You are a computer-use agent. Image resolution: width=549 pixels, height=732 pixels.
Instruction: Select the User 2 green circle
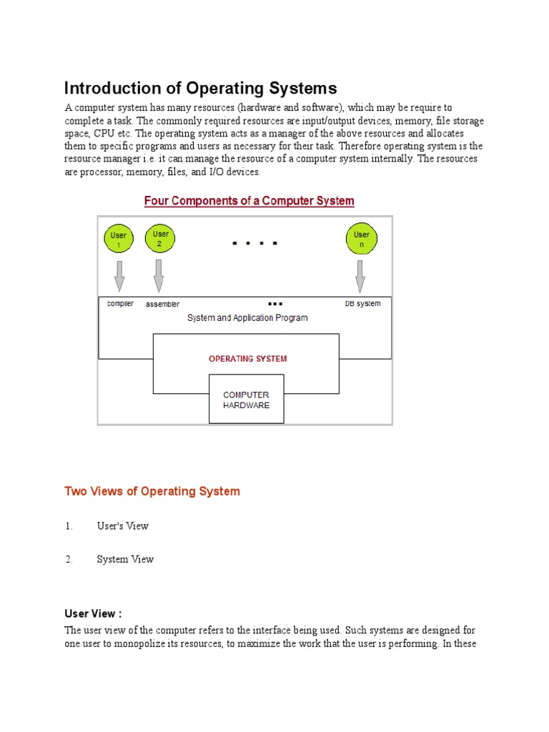coord(159,238)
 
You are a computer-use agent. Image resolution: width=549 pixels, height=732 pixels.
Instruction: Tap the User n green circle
coord(361,239)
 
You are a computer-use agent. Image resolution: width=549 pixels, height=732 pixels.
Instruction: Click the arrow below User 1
coord(119,274)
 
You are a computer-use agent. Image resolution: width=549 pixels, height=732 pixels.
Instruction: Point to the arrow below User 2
coord(159,274)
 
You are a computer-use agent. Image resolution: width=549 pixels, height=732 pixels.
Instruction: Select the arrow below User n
coord(360,274)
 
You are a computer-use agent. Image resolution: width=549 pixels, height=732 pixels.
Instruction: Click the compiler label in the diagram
coord(120,304)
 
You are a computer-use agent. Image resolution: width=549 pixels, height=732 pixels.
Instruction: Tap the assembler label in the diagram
coord(162,304)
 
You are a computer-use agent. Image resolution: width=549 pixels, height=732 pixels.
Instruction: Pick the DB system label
coord(362,304)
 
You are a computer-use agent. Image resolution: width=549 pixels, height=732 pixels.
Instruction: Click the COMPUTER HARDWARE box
coord(246,400)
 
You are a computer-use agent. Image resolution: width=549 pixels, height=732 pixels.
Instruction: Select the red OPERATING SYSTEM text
coord(247,359)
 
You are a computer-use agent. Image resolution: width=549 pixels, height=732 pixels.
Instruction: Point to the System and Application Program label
coord(247,318)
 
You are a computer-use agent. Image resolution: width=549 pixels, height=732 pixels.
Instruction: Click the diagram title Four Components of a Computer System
coord(249,201)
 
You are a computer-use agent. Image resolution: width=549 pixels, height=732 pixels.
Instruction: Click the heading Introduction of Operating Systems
coord(200,89)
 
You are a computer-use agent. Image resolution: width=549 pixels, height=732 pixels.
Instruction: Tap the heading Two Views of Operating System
coord(152,491)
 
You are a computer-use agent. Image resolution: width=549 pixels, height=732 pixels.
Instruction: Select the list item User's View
coord(122,526)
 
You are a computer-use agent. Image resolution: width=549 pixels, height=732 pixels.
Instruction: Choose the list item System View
coord(125,560)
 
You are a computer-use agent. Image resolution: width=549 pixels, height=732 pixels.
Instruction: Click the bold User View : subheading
coord(93,614)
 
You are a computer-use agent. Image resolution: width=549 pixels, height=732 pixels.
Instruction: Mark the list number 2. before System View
coord(69,560)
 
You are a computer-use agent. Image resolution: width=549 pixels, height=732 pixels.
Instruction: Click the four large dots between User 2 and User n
coord(254,244)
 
